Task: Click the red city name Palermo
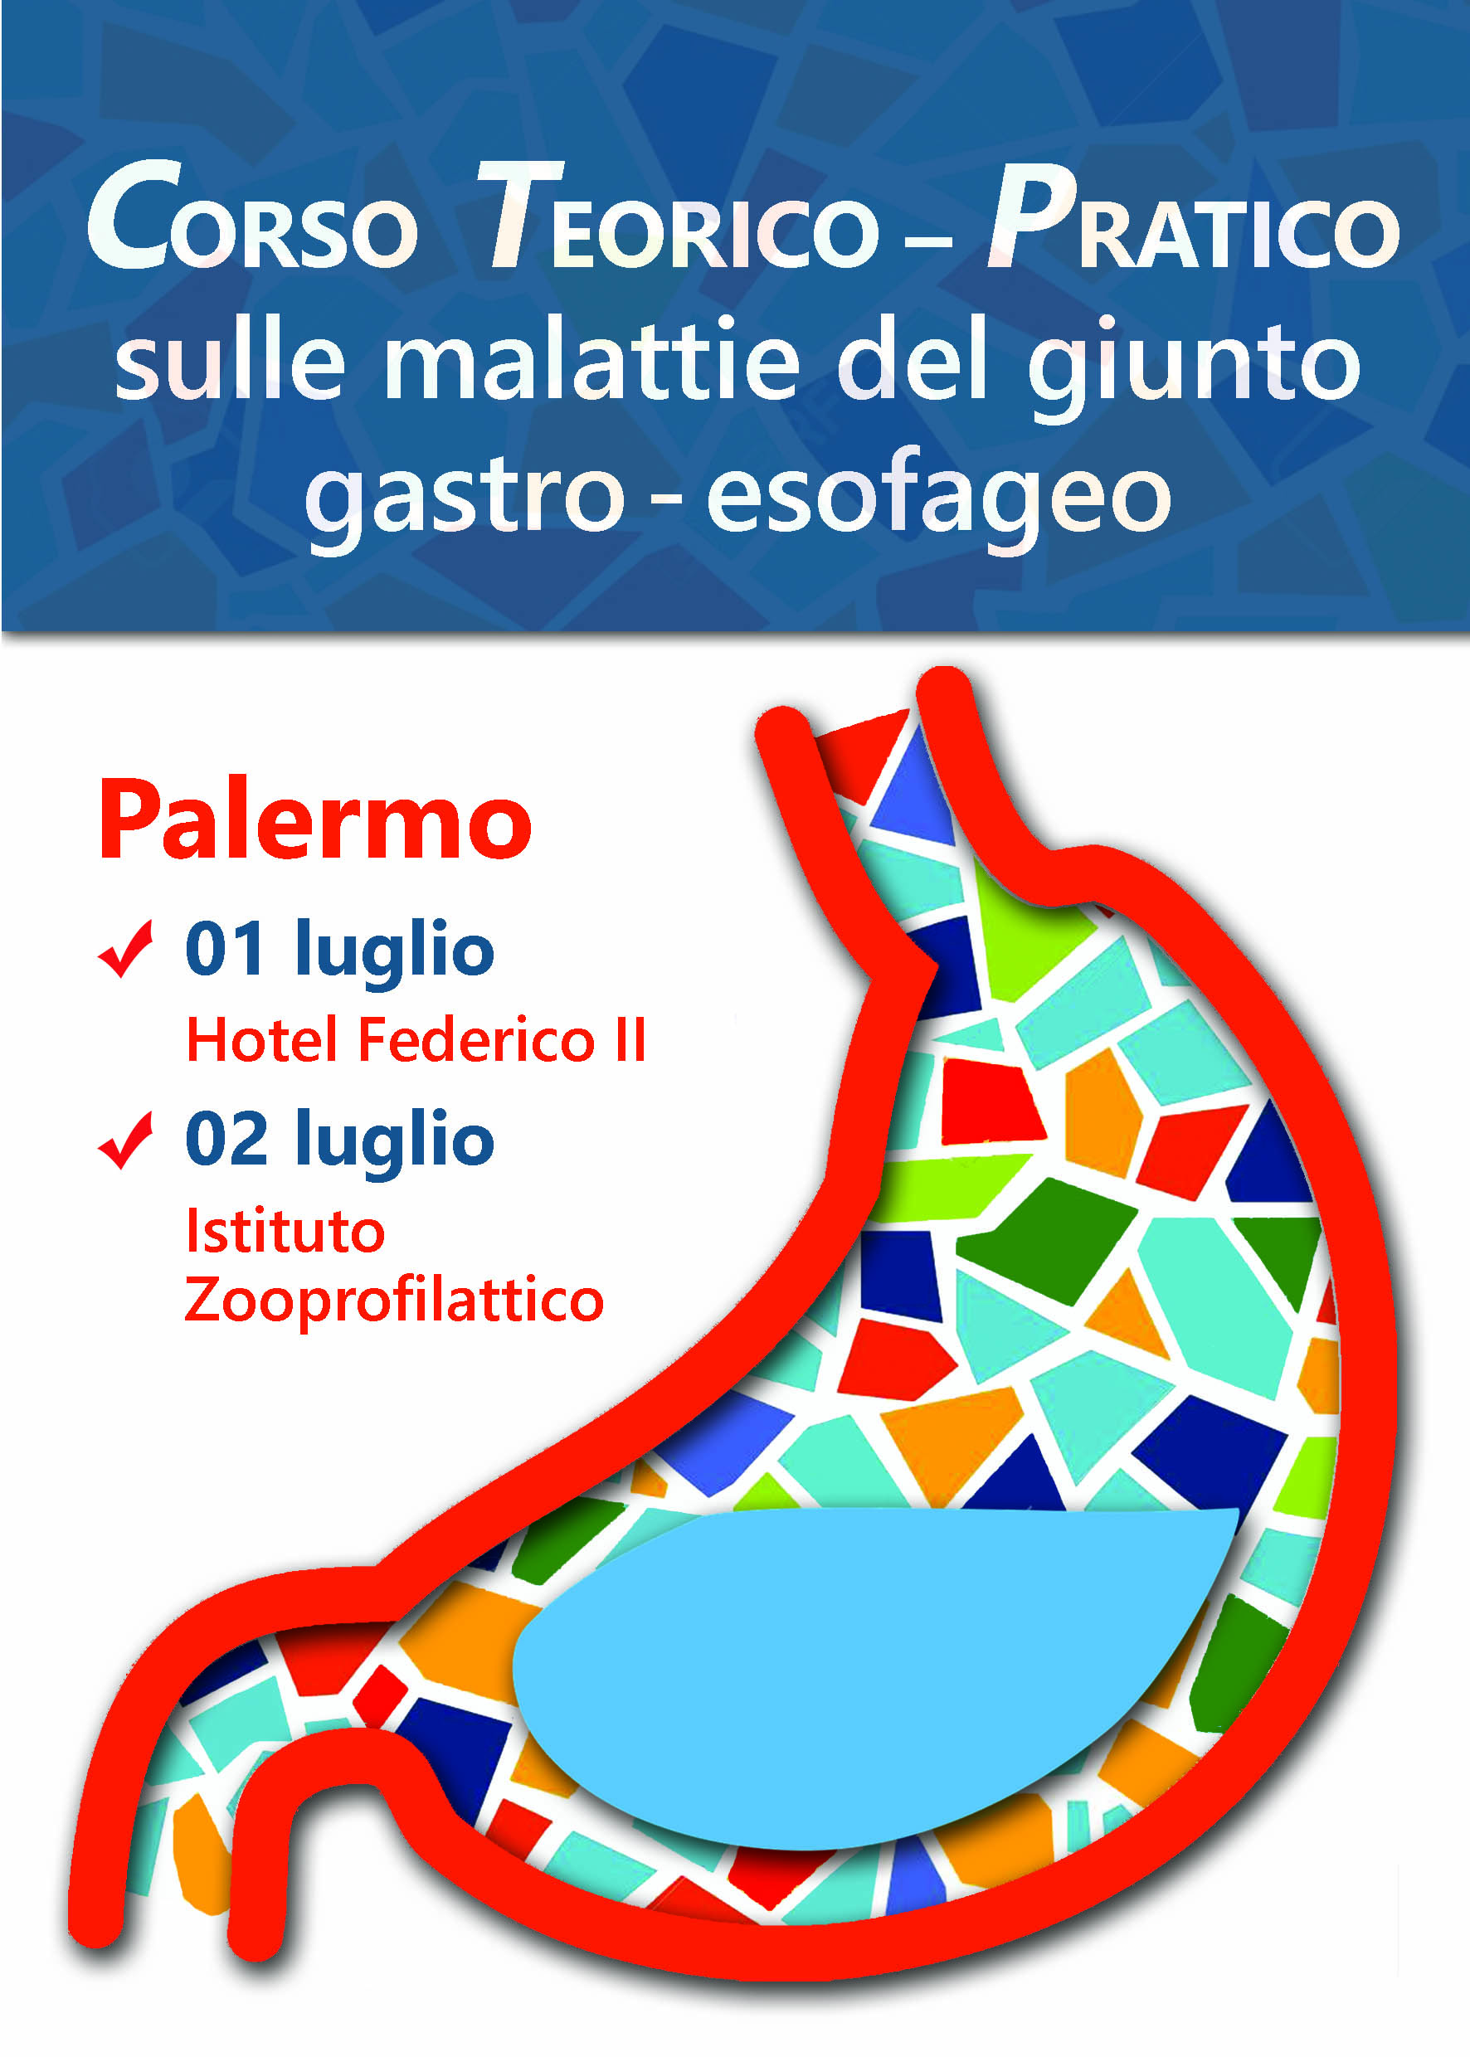pos(315,819)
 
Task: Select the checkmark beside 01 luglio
pos(125,948)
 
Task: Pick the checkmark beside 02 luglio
pos(125,1140)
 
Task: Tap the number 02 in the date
pos(226,1139)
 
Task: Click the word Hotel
pos(262,1039)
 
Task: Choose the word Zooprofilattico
pos(395,1301)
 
